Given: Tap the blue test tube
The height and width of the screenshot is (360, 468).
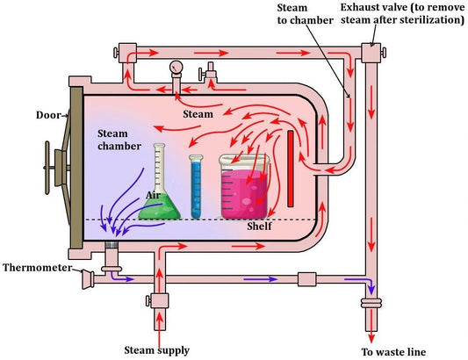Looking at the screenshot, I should coord(197,187).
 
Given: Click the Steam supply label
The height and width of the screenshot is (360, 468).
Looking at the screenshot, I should coord(158,350).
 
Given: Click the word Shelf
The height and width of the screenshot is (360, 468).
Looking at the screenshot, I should coord(260,227).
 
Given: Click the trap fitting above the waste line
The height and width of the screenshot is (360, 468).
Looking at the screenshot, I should coord(369,306).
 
